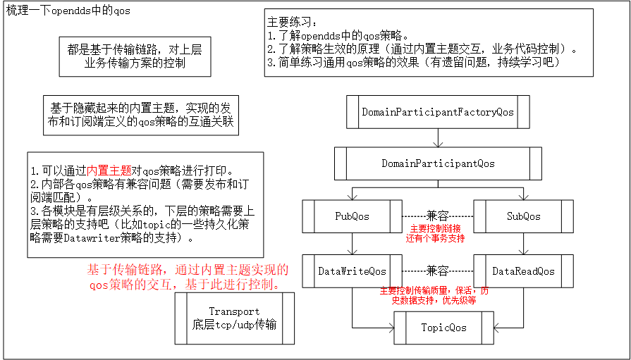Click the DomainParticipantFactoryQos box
point(437,112)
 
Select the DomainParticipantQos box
point(438,163)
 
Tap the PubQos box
point(352,216)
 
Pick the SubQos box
point(523,216)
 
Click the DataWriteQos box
point(352,271)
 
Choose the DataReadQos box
point(523,271)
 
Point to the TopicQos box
point(443,328)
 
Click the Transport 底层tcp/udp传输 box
point(234,318)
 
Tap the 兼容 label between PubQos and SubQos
point(437,216)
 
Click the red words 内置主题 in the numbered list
point(114,170)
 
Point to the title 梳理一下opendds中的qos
point(68,12)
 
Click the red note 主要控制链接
point(437,228)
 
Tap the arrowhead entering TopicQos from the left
point(389,328)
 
